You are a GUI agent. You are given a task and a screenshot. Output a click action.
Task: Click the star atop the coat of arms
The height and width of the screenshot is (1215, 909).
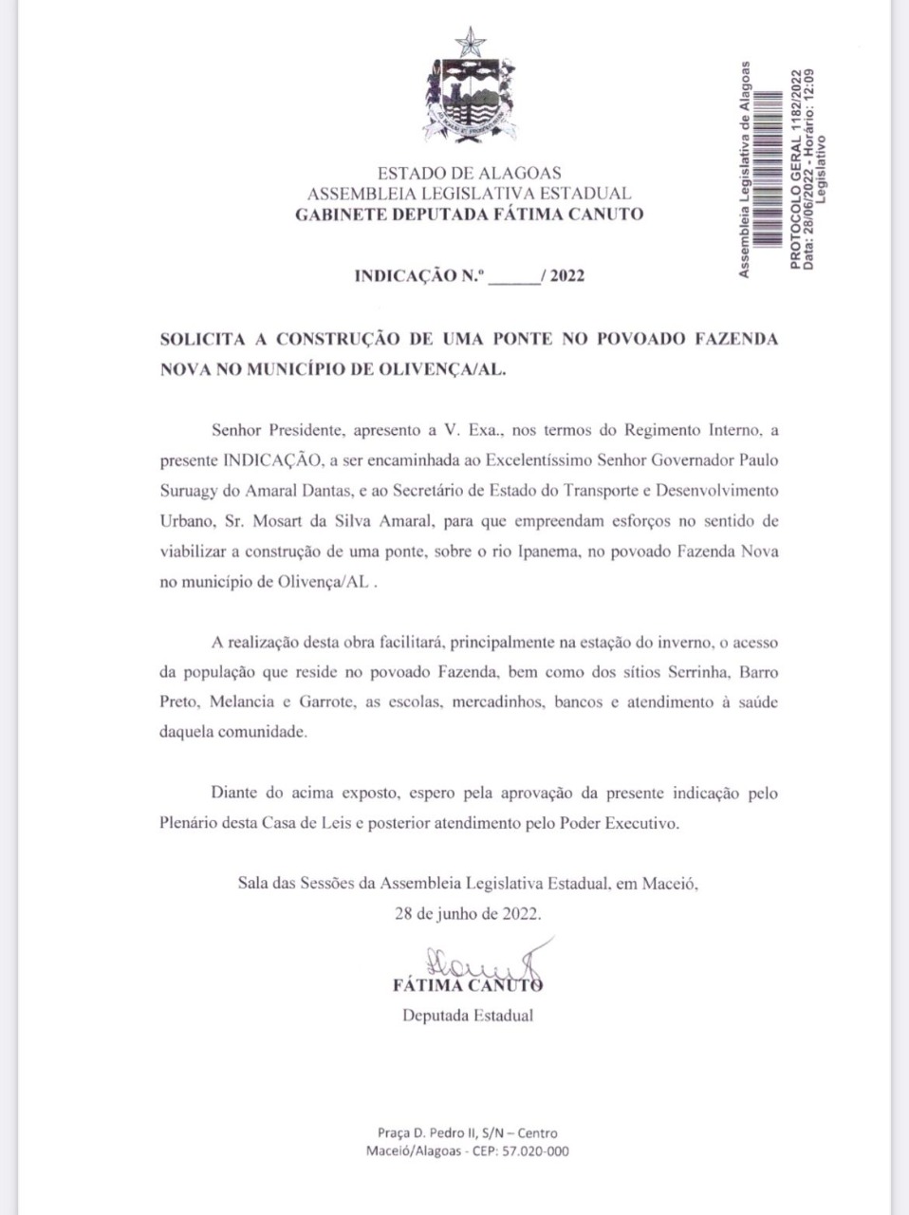[469, 41]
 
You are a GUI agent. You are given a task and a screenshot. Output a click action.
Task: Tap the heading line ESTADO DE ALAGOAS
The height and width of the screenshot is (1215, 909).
[469, 173]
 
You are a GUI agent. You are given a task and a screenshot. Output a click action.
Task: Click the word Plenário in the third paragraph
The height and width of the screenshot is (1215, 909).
[188, 823]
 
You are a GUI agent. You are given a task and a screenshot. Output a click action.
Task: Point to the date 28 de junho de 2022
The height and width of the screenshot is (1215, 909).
[469, 914]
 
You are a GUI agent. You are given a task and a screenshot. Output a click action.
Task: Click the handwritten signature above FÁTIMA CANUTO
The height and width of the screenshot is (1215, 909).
[479, 964]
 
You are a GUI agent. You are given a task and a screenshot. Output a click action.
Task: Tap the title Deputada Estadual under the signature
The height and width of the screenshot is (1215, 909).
[468, 1015]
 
